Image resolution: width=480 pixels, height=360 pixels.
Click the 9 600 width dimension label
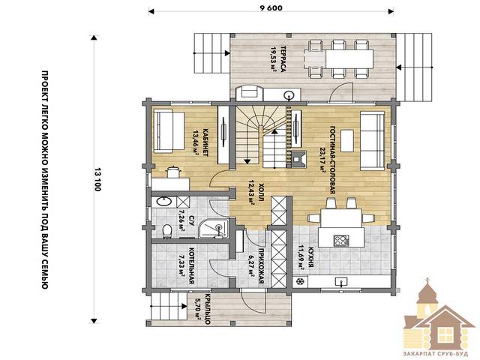coord(271,8)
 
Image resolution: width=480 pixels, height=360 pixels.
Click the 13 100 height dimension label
coord(97,180)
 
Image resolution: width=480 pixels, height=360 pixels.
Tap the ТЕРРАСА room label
coord(283,59)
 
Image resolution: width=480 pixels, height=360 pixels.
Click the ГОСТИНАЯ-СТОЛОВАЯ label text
coord(333,160)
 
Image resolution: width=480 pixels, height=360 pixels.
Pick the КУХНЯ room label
coord(310,256)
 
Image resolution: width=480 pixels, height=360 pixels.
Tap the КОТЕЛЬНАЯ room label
coord(192,265)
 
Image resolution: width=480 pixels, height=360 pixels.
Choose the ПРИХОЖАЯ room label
coord(261,265)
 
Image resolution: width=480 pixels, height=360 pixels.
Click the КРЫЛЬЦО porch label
coord(207,309)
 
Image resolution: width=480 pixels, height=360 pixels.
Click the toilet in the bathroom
coord(166,231)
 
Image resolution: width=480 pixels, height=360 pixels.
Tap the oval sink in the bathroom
coord(163,201)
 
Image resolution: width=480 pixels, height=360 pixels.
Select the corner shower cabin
coord(214,228)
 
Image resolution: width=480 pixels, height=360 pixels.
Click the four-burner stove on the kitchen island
coord(341,240)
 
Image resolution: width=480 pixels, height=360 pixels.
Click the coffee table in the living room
coord(347,140)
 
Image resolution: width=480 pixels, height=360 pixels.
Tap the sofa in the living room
coord(372,140)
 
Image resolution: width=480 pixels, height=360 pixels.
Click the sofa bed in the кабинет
coord(169,132)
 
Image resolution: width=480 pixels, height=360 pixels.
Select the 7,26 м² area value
coord(181,220)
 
